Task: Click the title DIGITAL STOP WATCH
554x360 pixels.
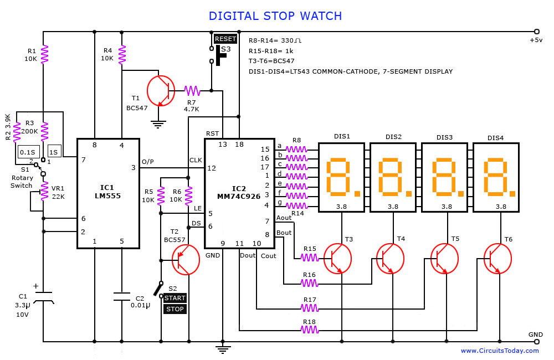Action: [275, 16]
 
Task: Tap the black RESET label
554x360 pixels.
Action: [225, 39]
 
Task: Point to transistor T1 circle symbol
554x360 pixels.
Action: [161, 90]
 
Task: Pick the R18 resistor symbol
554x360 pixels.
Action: [310, 330]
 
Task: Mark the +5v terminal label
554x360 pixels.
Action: [536, 40]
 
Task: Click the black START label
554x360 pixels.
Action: [175, 298]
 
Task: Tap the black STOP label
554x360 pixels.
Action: [175, 309]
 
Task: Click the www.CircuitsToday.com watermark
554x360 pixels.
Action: [499, 351]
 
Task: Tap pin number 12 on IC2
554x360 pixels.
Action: [212, 168]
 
